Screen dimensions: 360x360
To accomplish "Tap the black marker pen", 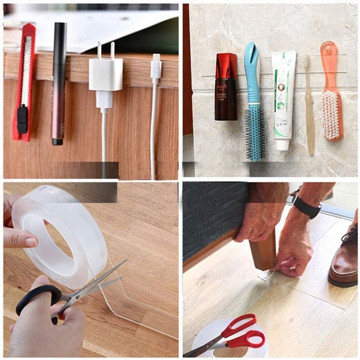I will pos(58,81).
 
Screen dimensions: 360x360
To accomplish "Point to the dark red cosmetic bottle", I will pos(226,88).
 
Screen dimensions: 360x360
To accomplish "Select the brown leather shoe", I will pos(344,261).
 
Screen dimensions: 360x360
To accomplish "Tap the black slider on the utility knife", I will pos(22,119).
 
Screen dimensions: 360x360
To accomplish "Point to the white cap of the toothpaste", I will pos(282,144).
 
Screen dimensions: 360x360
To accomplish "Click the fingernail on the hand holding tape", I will pos(31,242).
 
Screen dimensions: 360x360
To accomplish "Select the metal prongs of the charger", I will pos(106,49).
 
